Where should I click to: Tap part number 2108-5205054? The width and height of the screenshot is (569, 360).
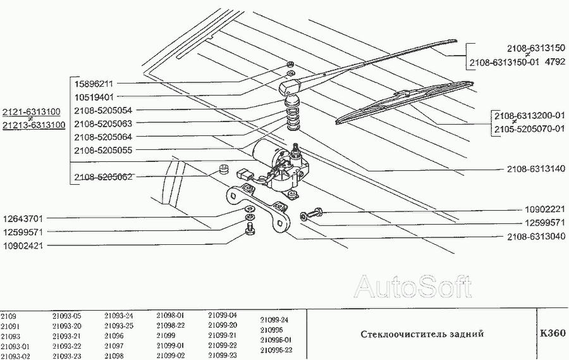[x=102, y=110]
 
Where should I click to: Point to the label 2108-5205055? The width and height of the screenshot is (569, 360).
[x=102, y=150]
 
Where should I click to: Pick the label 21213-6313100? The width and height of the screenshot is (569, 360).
[x=33, y=125]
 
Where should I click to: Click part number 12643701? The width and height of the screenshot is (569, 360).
[x=23, y=218]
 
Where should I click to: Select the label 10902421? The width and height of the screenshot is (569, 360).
[x=23, y=244]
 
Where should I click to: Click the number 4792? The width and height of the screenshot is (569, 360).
[x=554, y=62]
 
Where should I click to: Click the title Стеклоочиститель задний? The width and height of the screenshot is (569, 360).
[x=422, y=333]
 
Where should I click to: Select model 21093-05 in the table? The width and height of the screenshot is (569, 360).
[x=67, y=315]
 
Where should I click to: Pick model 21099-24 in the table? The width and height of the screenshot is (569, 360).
[x=274, y=320]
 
